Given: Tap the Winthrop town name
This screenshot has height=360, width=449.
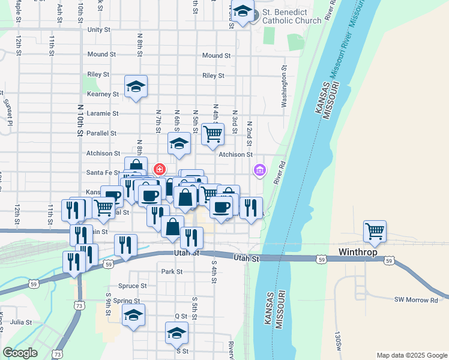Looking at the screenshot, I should tap(358, 252).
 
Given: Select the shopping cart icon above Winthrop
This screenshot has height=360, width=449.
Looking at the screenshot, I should tap(375, 230).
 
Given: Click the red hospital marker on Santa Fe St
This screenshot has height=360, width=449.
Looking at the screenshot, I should tap(160, 169).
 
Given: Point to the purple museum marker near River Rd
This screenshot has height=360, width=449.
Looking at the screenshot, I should tap(259, 171).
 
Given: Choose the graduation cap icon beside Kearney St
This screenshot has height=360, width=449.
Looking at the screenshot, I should tap(136, 86).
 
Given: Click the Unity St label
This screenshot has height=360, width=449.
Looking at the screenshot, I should tap(99, 29).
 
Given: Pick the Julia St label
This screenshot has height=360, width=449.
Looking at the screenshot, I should tap(20, 322).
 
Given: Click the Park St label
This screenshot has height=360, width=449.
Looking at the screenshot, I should tap(172, 271).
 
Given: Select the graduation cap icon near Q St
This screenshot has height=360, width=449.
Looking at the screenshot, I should tap(133, 315).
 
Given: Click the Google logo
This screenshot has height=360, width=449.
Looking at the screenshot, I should tap(20, 353).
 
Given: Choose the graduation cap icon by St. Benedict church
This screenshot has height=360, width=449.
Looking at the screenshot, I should tap(243, 12).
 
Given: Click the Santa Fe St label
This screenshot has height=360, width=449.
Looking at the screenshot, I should tap(104, 172).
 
